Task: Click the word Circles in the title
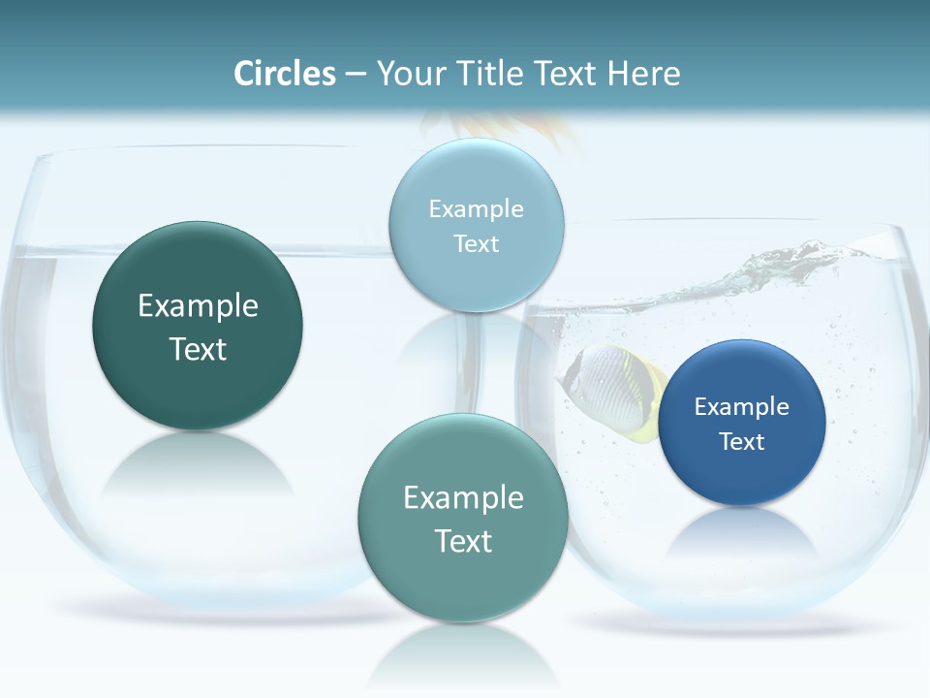tap(284, 74)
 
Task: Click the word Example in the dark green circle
tap(198, 306)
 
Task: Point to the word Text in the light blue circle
tap(477, 244)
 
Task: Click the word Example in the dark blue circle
tap(742, 407)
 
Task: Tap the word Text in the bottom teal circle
tap(463, 541)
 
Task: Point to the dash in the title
tap(355, 74)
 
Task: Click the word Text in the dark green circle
tap(198, 349)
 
